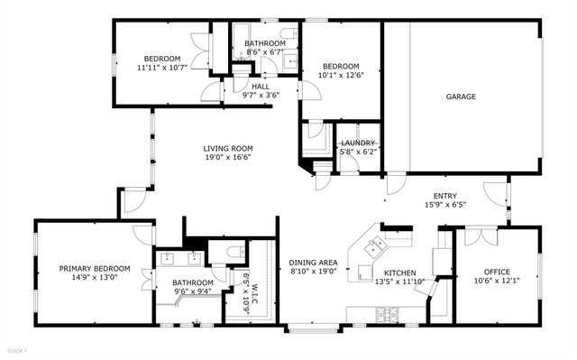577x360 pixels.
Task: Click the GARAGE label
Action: click(460, 97)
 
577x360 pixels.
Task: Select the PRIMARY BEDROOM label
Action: click(95, 268)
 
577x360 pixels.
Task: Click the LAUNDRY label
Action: click(357, 143)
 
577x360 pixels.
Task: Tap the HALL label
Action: click(261, 87)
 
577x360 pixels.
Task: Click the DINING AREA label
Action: click(313, 263)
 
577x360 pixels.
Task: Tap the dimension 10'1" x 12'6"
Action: click(342, 76)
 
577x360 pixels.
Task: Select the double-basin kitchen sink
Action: click(377, 241)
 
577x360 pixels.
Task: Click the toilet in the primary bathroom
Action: click(234, 252)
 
